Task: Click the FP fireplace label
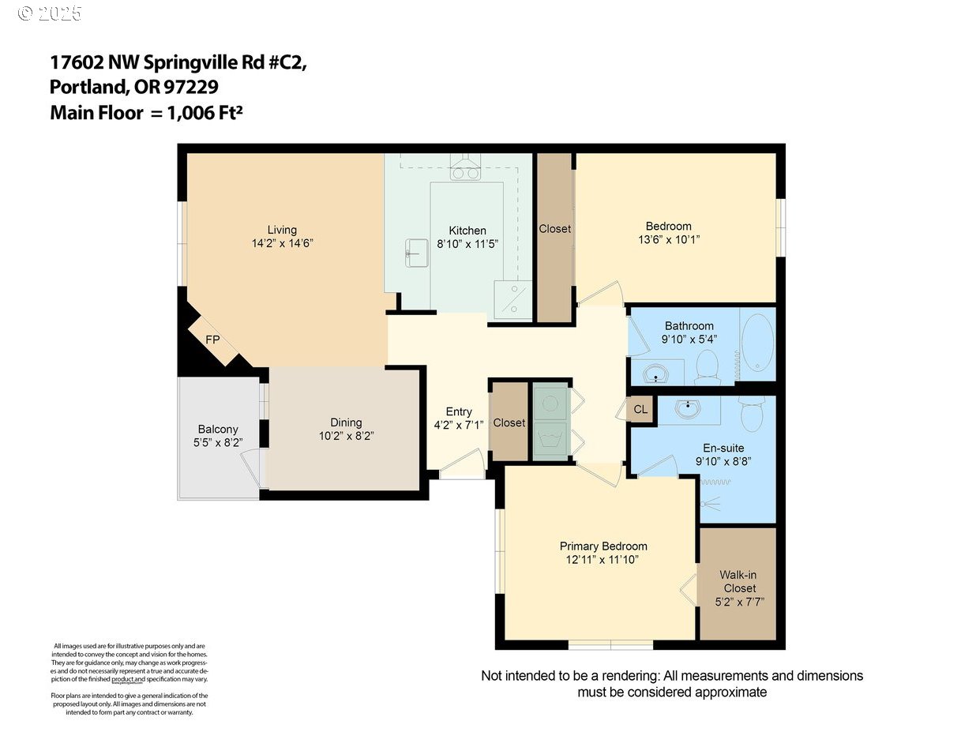click(212, 340)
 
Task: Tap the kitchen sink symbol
click(416, 253)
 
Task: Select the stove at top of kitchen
click(465, 170)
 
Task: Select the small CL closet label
click(640, 410)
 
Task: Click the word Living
click(282, 230)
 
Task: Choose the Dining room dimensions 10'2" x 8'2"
click(346, 436)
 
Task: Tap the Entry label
click(459, 411)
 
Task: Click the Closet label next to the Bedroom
click(554, 229)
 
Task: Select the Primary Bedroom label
click(603, 546)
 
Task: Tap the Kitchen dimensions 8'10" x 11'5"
click(467, 244)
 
